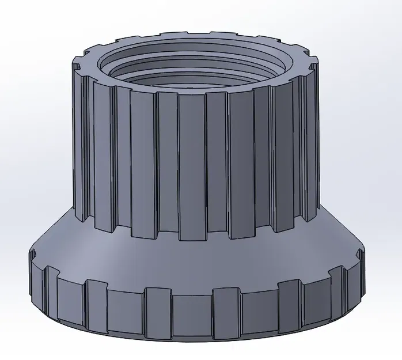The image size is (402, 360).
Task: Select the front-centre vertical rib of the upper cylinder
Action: [192, 167]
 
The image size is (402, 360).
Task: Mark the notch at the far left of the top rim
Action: [81, 63]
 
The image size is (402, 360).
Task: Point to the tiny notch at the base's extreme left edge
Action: [32, 253]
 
